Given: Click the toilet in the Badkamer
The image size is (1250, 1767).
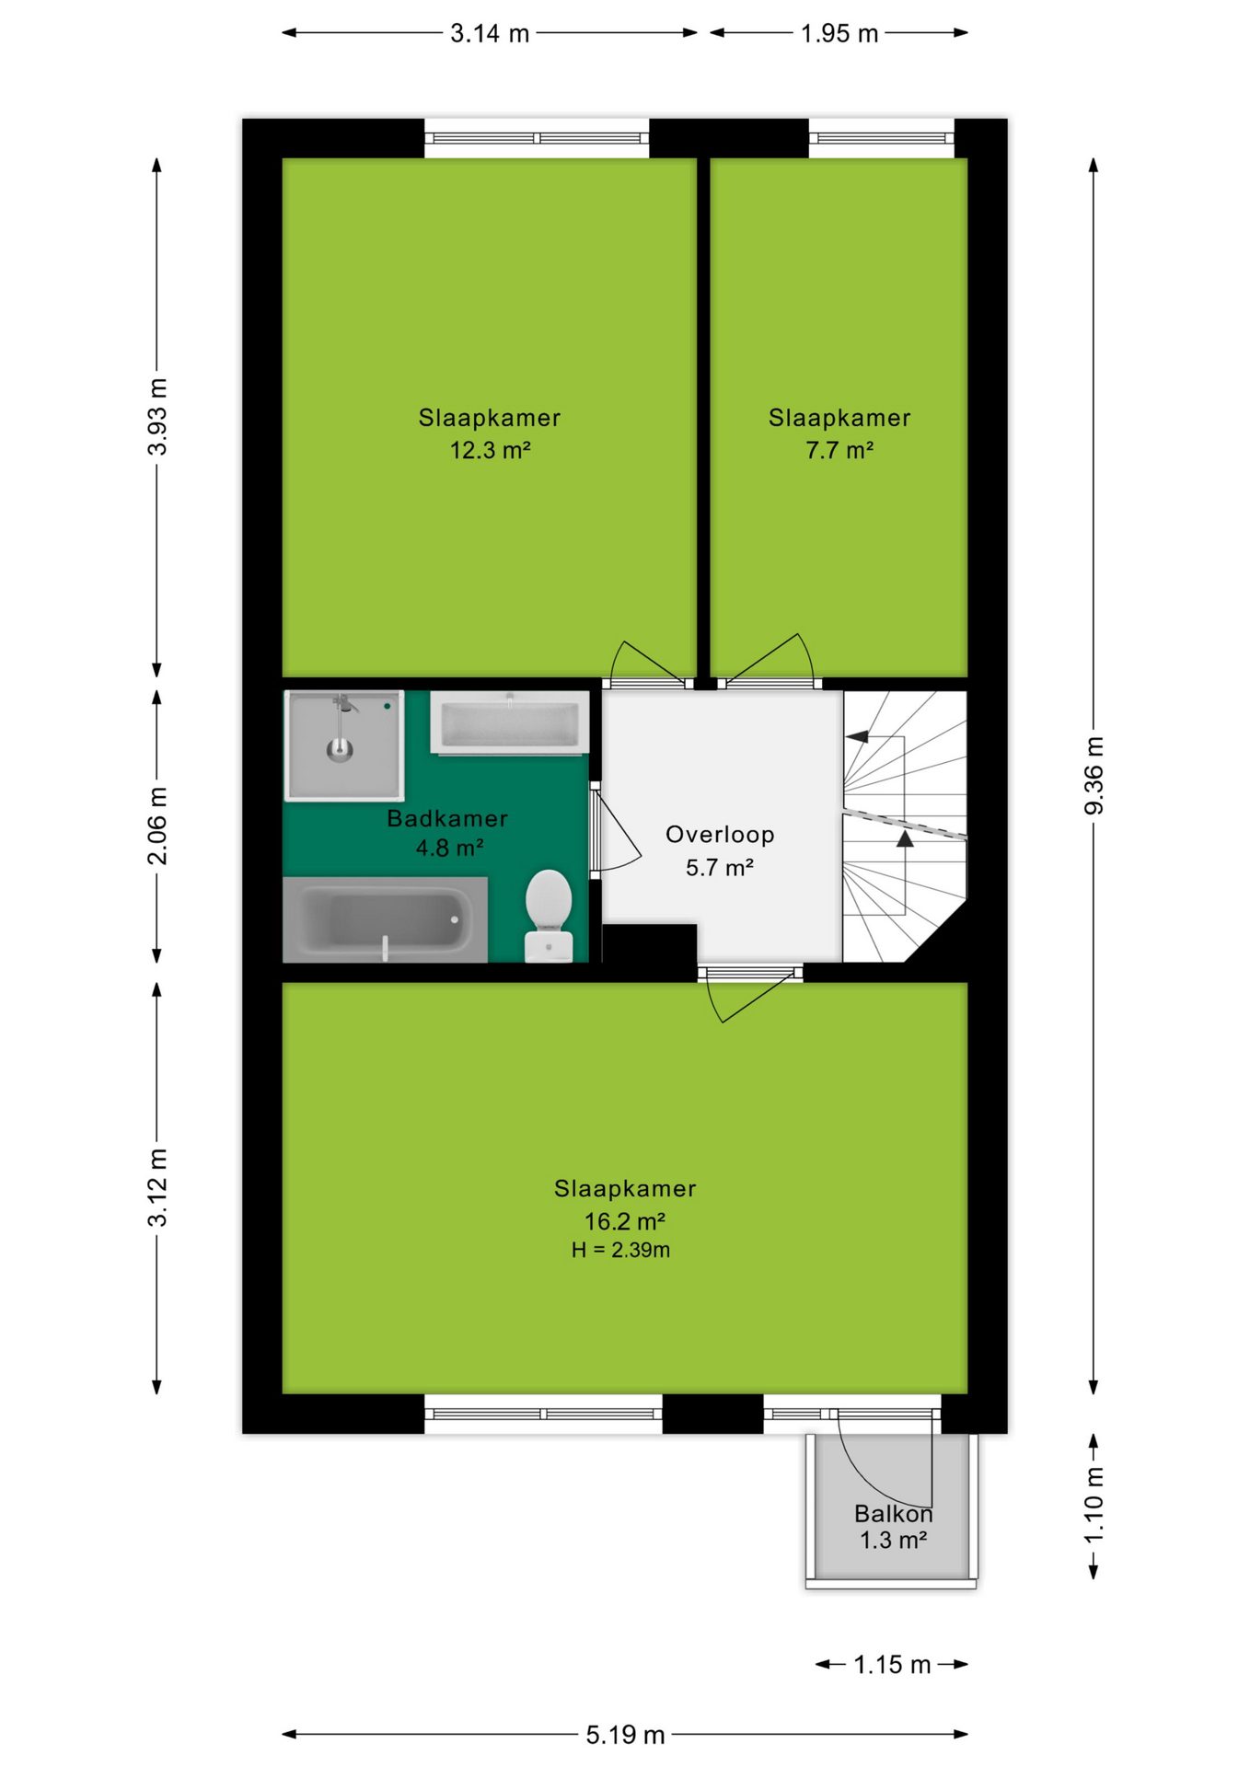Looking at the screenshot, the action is click(549, 916).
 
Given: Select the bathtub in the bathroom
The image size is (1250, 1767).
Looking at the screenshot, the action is click(385, 919).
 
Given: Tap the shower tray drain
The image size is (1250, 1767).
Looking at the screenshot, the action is click(340, 749).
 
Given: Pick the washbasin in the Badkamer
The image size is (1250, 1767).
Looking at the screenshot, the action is click(510, 723).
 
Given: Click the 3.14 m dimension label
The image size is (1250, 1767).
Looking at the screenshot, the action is click(490, 34).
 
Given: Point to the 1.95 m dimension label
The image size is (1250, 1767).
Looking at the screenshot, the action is click(839, 34).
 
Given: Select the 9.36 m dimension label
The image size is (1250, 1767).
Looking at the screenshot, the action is click(1094, 775).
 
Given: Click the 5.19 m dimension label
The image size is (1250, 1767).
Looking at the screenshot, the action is click(625, 1735).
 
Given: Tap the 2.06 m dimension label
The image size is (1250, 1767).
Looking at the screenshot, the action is click(157, 826).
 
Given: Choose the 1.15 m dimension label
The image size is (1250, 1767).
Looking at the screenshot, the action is click(892, 1665).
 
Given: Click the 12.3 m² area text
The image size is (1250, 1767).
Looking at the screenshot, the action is click(490, 450).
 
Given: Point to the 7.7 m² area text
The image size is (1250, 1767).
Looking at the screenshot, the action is click(839, 450).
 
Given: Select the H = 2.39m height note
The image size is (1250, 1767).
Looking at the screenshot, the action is click(620, 1250).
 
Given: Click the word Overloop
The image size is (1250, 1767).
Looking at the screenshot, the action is click(720, 835).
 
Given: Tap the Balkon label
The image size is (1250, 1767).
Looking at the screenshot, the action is click(893, 1514).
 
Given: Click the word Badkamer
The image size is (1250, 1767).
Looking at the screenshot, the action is click(447, 818).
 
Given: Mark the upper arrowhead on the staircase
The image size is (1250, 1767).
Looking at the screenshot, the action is click(857, 736).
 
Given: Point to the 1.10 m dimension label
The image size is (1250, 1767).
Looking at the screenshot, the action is click(1094, 1506).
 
